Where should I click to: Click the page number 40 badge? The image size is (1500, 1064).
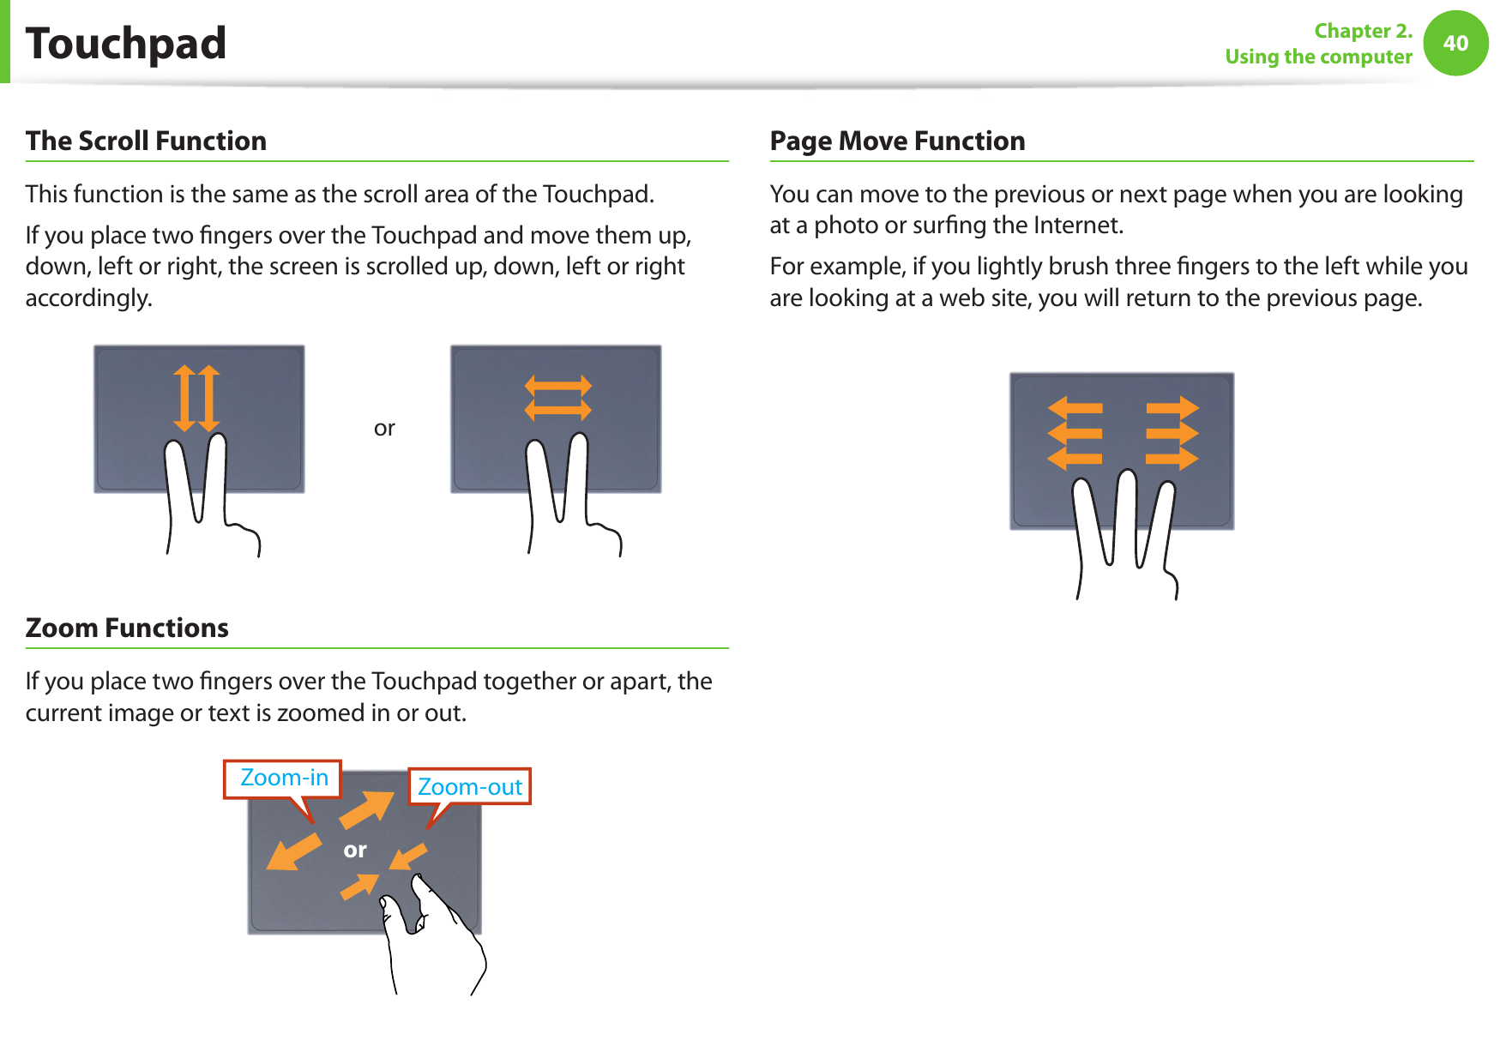[1455, 43]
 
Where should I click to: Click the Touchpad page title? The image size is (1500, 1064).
[126, 44]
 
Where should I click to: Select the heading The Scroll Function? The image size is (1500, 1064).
[146, 141]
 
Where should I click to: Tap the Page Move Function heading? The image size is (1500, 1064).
[897, 141]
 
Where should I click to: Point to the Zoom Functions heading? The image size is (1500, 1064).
[127, 628]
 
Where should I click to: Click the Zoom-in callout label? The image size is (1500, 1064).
[284, 778]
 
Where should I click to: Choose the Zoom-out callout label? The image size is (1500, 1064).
[470, 787]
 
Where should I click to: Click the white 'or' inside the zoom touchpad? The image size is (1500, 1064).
[355, 850]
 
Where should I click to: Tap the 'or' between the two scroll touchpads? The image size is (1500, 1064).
[384, 428]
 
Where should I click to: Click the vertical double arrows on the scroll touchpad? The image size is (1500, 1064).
[197, 398]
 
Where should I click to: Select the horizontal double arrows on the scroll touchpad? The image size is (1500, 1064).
[558, 398]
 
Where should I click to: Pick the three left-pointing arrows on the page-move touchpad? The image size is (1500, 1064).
[1075, 433]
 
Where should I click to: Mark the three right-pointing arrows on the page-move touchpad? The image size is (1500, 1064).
[1172, 433]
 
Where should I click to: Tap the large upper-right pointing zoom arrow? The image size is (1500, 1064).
[367, 809]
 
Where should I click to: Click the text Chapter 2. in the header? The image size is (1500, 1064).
[1363, 31]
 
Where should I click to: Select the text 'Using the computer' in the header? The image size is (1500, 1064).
[1318, 57]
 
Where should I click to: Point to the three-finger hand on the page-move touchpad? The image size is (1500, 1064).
[1123, 532]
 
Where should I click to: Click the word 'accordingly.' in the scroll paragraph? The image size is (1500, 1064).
[89, 298]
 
